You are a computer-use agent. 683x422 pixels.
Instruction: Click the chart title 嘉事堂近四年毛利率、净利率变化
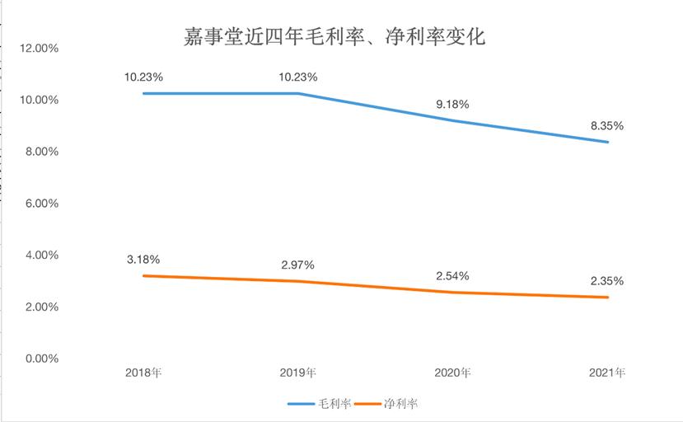(x=334, y=37)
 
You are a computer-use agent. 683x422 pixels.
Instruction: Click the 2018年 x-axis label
(x=143, y=373)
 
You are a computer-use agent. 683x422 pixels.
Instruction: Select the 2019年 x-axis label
(x=297, y=373)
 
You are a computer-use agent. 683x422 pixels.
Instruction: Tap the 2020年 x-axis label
(x=452, y=373)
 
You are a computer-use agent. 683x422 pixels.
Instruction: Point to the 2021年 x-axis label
(x=607, y=373)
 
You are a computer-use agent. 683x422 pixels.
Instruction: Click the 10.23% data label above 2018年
(x=143, y=77)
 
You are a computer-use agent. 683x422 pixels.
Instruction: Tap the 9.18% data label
(x=452, y=104)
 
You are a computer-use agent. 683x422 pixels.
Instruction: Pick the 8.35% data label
(x=607, y=126)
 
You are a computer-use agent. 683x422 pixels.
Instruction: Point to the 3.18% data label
(x=143, y=260)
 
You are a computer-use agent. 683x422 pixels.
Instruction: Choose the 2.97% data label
(x=297, y=265)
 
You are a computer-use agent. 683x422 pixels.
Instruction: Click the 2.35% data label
(x=607, y=281)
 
